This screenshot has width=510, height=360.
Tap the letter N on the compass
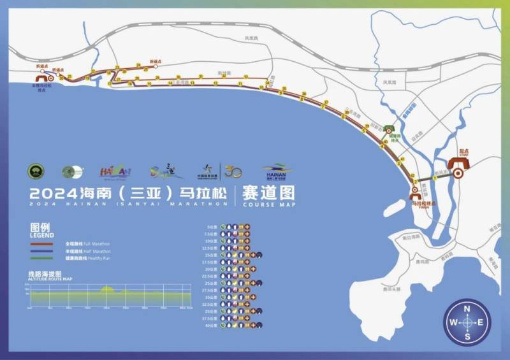click(467, 308)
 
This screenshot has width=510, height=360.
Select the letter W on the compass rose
click(453, 322)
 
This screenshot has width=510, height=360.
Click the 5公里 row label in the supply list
click(212, 226)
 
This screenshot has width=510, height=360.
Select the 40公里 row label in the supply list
click(212, 326)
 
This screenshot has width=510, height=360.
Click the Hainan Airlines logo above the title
click(277, 171)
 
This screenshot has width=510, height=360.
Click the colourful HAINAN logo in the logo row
click(115, 171)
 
